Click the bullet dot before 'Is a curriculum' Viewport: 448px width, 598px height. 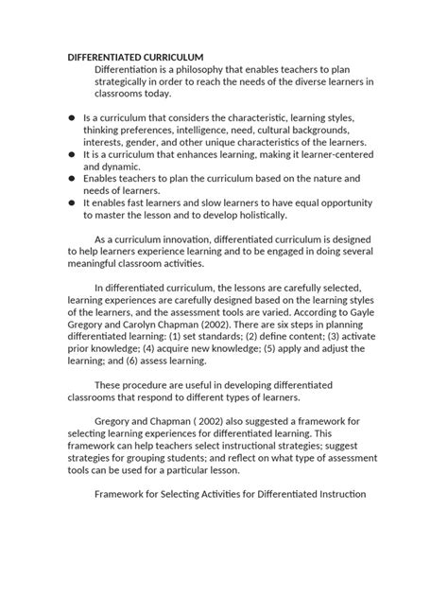(x=73, y=117)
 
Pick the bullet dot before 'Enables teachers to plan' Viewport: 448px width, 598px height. (x=73, y=177)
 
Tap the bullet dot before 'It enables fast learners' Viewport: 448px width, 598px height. (x=73, y=202)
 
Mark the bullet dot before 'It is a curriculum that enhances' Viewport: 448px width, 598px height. (x=73, y=152)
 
